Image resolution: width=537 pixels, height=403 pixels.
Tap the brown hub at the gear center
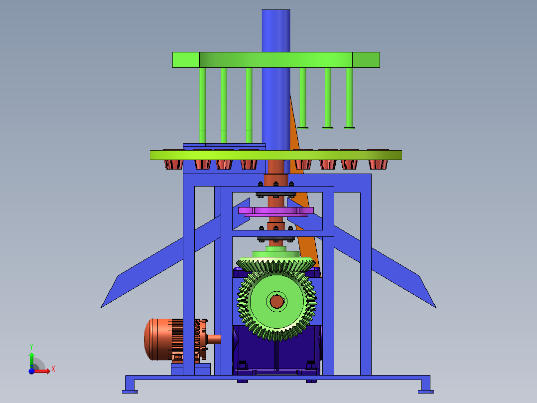pyautogui.click(x=277, y=301)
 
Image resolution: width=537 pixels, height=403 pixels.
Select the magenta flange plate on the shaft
pyautogui.click(x=275, y=210)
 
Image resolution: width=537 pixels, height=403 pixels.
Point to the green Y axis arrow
pyautogui.click(x=31, y=360)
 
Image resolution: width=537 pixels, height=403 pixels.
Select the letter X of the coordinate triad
pyautogui.click(x=53, y=369)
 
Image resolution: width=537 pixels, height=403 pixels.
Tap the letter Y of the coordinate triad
pyautogui.click(x=31, y=347)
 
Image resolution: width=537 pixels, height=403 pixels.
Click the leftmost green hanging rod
pyautogui.click(x=202, y=105)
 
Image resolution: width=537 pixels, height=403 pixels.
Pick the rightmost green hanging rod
pyautogui.click(x=349, y=98)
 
